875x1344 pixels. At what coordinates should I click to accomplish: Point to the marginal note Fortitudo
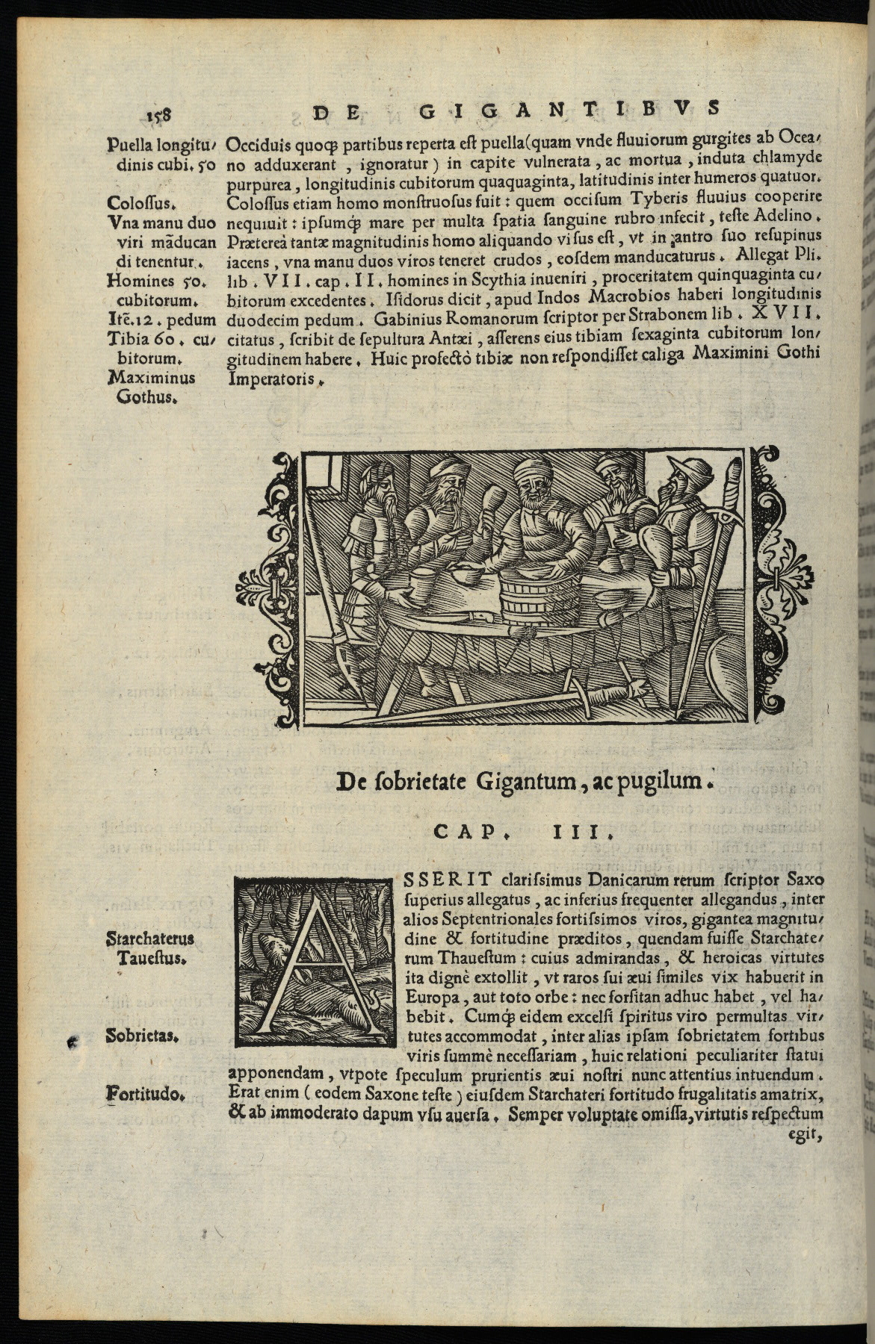145,1095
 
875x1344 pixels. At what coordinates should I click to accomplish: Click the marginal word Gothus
147,398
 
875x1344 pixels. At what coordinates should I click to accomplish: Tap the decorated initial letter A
313,961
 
